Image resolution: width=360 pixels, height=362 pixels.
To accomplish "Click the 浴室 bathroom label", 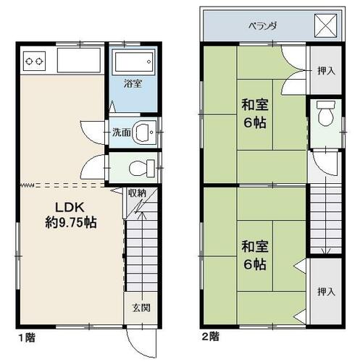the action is pos(133,83).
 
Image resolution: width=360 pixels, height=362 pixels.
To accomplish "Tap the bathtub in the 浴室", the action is pos(134,62).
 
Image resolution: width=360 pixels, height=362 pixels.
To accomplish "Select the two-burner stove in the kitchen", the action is pos(34,61).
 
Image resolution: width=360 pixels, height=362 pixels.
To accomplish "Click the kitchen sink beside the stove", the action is pos(79,60).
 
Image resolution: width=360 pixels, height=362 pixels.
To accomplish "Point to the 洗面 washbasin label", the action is pos(122,132).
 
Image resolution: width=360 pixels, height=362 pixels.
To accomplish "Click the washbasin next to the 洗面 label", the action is pos(144,132).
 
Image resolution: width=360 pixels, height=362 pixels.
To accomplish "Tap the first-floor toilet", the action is pos(142,168).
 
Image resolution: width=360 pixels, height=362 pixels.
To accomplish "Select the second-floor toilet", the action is pos(326,113).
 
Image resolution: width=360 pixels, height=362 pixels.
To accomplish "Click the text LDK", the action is pos(70,207).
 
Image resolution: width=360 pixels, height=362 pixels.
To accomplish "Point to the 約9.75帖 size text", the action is pos(71,222).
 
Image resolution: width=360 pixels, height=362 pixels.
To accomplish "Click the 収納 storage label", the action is pos(137,193).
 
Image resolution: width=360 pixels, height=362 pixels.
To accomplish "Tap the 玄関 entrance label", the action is pos(141,308).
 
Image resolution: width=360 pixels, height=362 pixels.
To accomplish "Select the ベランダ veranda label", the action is pos(263,25).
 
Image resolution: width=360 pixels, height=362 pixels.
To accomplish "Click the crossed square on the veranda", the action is pos(325,25).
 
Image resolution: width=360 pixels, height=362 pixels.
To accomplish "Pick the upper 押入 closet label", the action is pos(326,70).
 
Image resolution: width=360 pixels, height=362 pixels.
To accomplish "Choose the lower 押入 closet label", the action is pos(326,292).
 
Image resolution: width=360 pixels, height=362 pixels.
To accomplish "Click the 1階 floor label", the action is pos(27,337).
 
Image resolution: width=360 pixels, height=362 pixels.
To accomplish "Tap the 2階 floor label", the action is pos(211,336).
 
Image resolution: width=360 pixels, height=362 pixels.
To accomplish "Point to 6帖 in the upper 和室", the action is pos(255,122).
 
